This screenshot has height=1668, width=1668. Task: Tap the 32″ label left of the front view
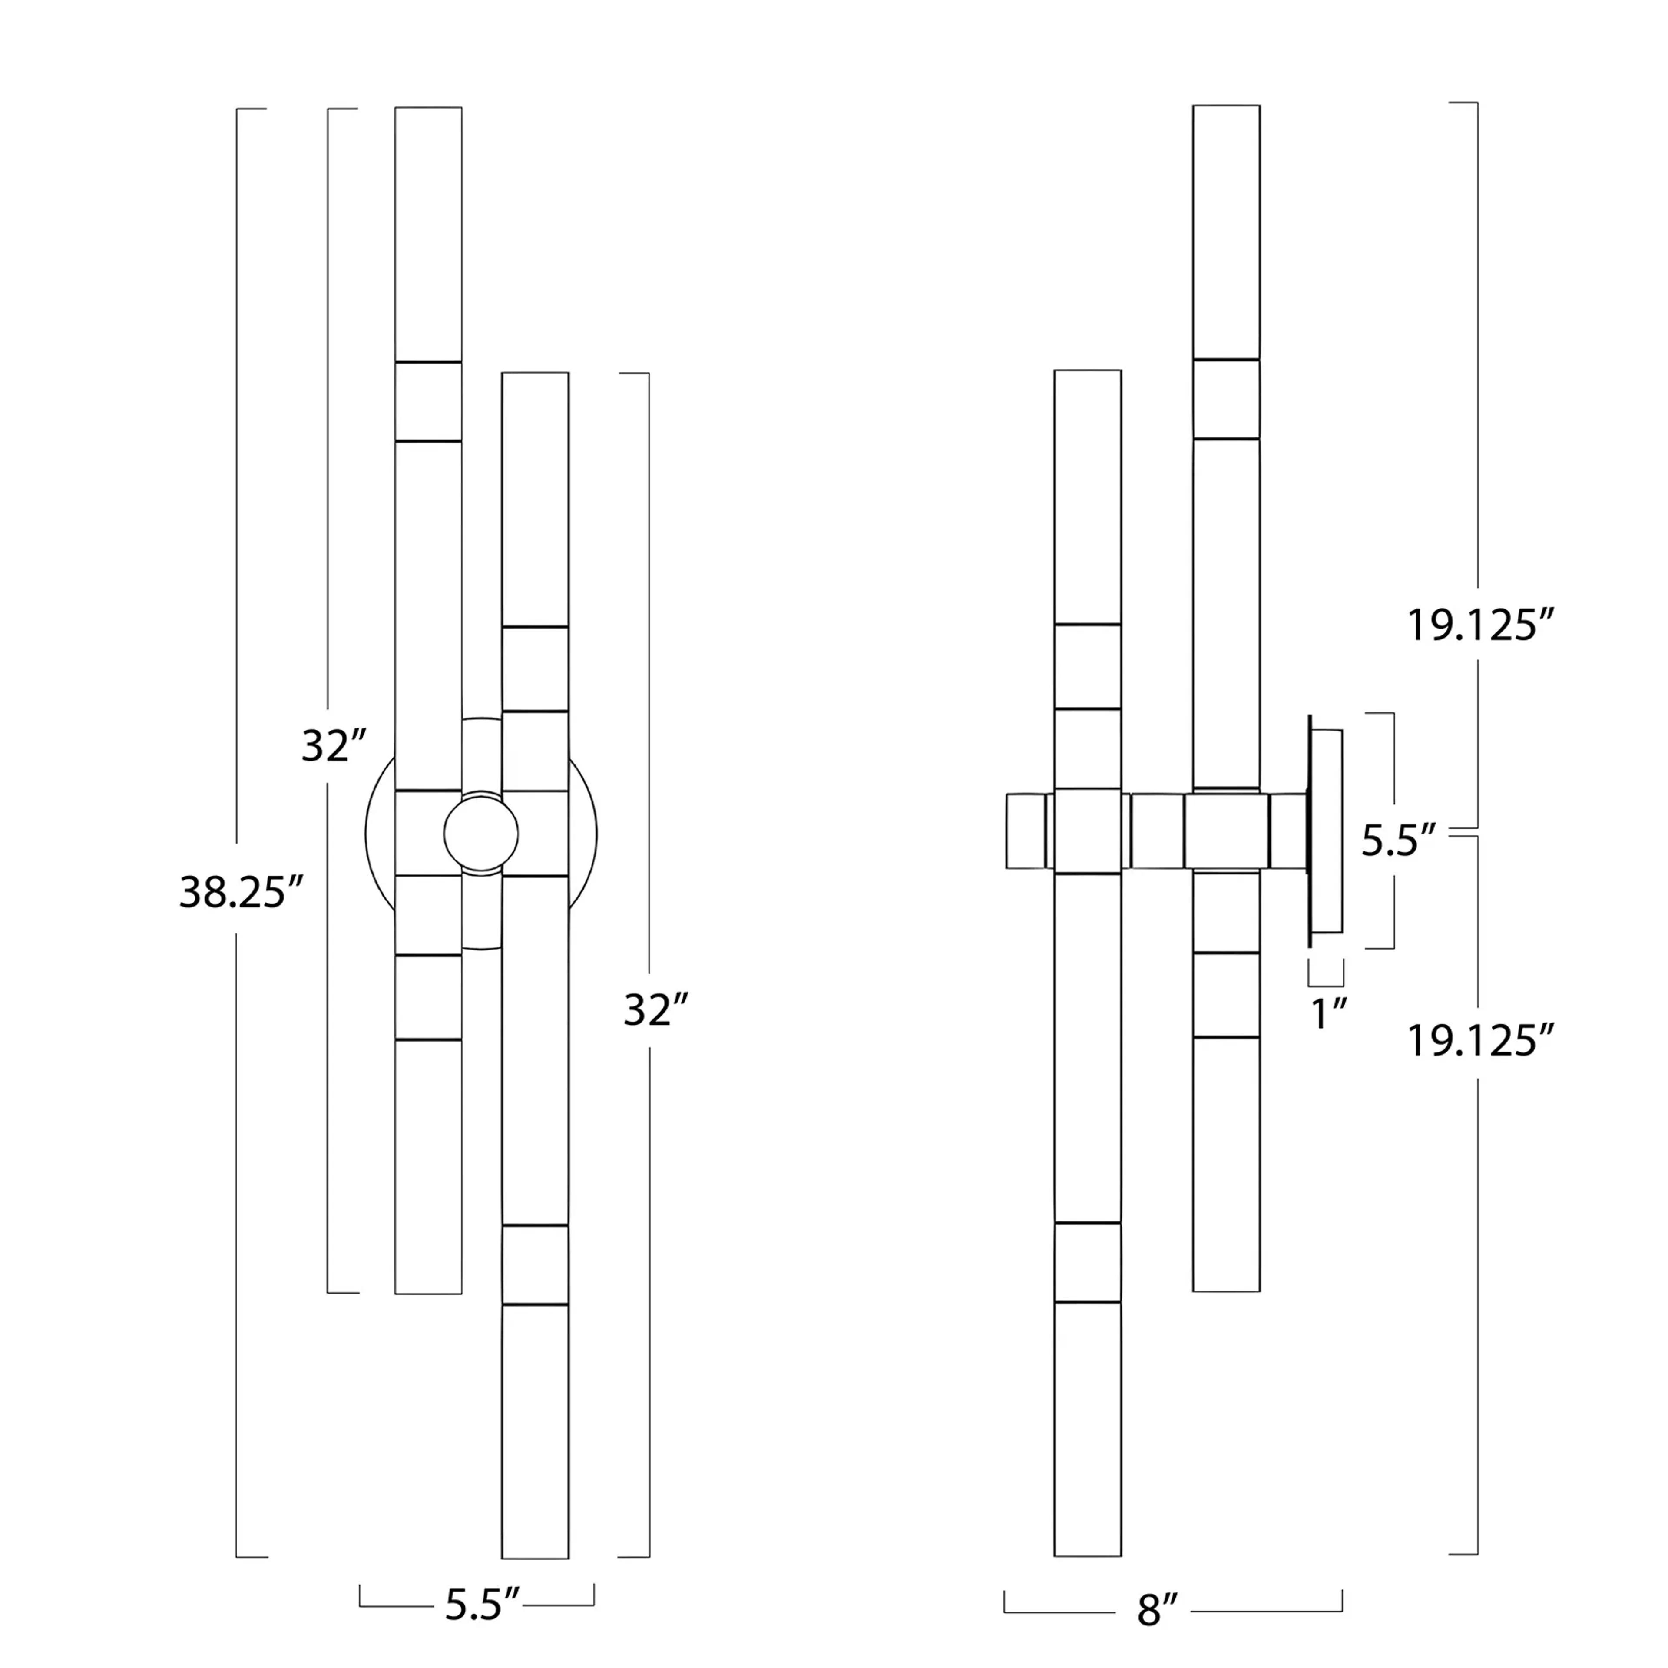click(x=334, y=746)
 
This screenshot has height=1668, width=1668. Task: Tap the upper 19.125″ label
click(x=1480, y=625)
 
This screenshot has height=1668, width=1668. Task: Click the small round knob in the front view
click(x=481, y=833)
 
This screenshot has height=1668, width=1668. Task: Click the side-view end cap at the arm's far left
click(x=1026, y=831)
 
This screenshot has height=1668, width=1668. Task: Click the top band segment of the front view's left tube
click(x=428, y=401)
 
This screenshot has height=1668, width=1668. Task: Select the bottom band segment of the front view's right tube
click(x=535, y=1264)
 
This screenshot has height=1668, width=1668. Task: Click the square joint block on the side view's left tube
click(x=1088, y=831)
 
